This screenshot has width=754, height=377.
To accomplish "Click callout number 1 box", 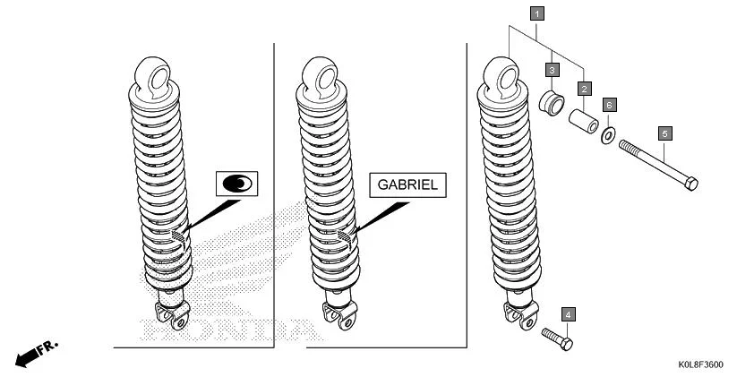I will click(536, 13).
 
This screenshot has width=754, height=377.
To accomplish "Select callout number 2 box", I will click(584, 89).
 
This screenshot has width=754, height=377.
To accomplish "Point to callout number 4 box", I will click(569, 313).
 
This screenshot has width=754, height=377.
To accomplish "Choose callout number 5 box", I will click(664, 133).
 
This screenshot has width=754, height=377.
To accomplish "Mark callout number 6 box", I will click(609, 105).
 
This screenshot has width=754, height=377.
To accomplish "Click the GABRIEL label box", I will click(407, 184).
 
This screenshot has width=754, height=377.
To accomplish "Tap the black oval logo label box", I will click(237, 184).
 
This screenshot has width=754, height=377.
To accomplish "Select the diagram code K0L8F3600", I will click(701, 364).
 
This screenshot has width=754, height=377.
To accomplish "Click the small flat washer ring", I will click(608, 135).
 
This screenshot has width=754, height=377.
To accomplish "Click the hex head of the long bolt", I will click(690, 184).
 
